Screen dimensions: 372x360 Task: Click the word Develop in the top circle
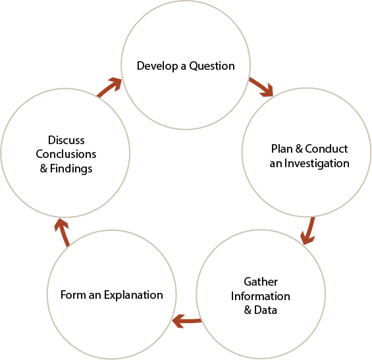[157, 66]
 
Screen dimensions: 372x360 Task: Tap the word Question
[212, 66]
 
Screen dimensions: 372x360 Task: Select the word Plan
[282, 149]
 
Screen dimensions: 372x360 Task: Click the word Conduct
[326, 149]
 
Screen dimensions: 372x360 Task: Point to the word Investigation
[317, 163]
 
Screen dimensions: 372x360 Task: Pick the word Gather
[261, 282]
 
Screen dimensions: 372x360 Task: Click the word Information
[261, 296]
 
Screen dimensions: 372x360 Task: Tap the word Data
[265, 310]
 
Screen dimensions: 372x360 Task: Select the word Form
[73, 295]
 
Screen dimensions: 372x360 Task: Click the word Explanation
[134, 295]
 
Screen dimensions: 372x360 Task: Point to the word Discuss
[66, 140]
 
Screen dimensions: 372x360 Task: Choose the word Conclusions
[66, 154]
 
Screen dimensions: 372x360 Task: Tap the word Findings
[71, 168]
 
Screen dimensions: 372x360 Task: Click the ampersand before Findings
[43, 168]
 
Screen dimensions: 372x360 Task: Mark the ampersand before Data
[248, 310]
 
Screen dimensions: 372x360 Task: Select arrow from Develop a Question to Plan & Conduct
[261, 87]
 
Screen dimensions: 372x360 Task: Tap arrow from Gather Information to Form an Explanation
[187, 321]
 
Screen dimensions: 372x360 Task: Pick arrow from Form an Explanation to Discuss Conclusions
[62, 232]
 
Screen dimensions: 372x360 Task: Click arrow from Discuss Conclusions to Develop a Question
[109, 87]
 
